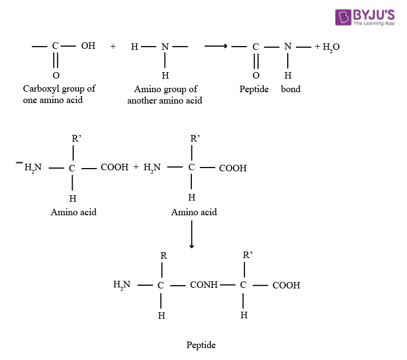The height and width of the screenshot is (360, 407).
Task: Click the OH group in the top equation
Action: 88,46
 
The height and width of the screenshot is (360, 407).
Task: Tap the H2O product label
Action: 331,47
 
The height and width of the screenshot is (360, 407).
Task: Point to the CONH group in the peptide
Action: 204,284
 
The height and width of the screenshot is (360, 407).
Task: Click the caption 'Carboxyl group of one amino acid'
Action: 59,94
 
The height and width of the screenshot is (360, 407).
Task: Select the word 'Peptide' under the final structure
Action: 201,345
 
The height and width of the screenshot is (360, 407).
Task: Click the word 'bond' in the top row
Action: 290,89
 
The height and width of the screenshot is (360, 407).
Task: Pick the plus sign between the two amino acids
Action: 136,168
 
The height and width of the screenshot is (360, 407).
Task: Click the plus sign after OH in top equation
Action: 113,47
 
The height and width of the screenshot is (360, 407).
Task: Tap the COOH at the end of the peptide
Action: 286,285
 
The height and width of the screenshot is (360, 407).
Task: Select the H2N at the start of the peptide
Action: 122,284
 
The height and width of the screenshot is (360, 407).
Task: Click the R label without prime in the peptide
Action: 163,255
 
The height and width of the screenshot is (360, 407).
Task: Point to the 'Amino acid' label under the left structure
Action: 74,212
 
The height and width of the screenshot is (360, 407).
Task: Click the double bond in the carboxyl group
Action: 56,60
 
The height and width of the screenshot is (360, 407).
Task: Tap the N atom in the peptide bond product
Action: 288,47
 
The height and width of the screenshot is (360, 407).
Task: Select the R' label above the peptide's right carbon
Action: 248,254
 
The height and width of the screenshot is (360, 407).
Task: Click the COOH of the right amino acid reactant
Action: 232,168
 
